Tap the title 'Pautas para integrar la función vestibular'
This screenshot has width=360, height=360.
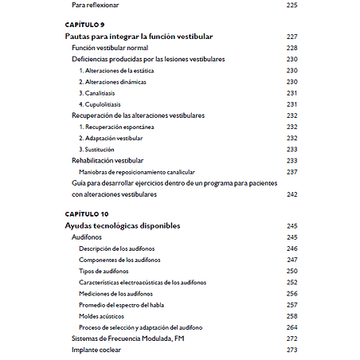pos(138,37)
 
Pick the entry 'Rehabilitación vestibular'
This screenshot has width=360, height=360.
pos(114,160)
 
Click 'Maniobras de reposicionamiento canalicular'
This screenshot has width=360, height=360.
pos(137,171)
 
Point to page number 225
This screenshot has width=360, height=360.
pos(292,6)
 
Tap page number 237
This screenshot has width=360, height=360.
pos(292,171)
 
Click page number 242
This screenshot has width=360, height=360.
pos(292,194)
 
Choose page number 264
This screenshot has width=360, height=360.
pos(292,327)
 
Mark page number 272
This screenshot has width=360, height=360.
pos(292,338)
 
